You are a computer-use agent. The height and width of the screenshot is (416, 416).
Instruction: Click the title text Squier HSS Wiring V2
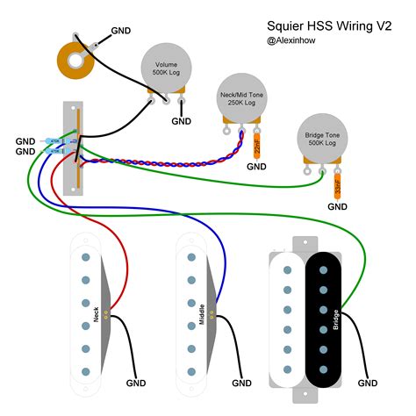pyautogui.click(x=328, y=26)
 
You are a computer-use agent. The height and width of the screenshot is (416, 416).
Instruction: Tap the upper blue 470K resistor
pyautogui.click(x=54, y=140)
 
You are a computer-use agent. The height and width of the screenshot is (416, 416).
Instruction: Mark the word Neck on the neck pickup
pyautogui.click(x=96, y=311)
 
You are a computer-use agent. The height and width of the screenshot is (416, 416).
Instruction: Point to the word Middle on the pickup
pyautogui.click(x=202, y=312)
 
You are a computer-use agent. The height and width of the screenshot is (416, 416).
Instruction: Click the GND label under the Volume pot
pyautogui.click(x=181, y=121)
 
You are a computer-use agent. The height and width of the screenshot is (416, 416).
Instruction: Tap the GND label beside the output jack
pyautogui.click(x=123, y=31)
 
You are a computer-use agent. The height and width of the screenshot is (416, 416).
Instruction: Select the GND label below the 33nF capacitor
pyautogui.click(x=338, y=206)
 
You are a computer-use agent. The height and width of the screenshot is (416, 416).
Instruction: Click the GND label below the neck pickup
pyautogui.click(x=137, y=384)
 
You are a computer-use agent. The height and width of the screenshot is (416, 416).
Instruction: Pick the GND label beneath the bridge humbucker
pyautogui.click(x=367, y=384)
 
